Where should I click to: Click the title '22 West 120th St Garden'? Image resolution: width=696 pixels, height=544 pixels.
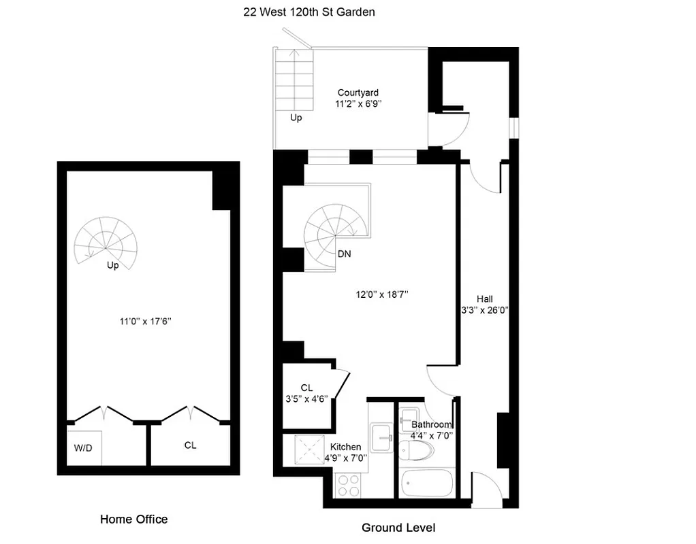[x=309, y=12]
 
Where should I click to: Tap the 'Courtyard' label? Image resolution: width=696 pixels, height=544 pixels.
[x=358, y=92]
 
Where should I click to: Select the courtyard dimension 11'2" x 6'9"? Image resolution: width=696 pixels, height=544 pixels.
[x=358, y=104]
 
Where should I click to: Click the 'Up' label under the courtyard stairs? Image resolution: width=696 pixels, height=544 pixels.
[x=296, y=118]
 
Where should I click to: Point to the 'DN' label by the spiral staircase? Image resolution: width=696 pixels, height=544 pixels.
[x=345, y=254]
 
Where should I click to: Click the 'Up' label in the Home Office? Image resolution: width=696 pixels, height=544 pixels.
[x=112, y=265]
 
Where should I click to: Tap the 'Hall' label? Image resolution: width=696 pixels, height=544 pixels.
[x=485, y=299]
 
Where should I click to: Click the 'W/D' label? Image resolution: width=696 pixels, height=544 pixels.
[x=83, y=447]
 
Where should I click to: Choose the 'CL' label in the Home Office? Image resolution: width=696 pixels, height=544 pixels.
[x=190, y=445]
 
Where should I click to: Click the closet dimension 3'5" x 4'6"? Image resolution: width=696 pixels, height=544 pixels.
[x=306, y=399]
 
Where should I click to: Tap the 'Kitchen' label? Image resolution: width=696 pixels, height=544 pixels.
[x=346, y=447]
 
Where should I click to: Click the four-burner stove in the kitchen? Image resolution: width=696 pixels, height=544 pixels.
[x=349, y=485]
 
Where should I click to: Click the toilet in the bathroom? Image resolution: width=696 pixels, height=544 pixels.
[x=415, y=449]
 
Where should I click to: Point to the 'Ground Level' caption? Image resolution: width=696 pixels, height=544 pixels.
[x=398, y=528]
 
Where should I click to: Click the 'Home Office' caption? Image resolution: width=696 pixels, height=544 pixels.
[x=133, y=520]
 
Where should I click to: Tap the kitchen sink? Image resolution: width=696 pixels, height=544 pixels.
[x=381, y=435]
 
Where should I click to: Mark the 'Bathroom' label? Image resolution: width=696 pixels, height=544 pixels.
[x=432, y=424]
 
